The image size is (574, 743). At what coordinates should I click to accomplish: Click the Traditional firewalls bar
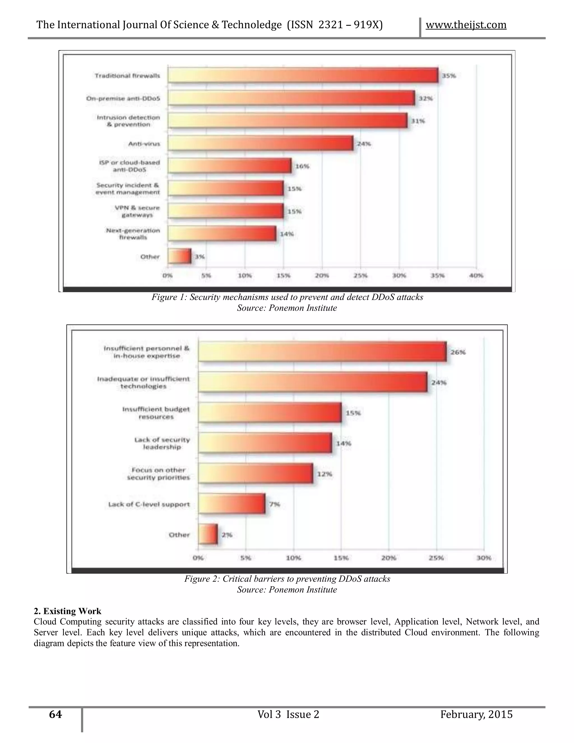(x=303, y=75)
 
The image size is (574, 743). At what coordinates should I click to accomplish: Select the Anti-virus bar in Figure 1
(x=260, y=143)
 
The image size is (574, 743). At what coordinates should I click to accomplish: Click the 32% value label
(x=425, y=98)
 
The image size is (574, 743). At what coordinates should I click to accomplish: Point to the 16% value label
(x=302, y=166)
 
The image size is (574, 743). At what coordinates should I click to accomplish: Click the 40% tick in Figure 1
(x=476, y=276)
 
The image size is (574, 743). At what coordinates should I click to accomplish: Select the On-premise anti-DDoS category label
(x=123, y=99)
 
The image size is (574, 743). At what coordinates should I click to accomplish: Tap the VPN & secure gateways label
(x=137, y=211)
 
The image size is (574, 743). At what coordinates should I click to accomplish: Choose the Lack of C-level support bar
(x=232, y=504)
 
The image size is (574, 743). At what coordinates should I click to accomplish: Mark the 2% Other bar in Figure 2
(x=208, y=534)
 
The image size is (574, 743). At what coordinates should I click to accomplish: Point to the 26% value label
(x=458, y=352)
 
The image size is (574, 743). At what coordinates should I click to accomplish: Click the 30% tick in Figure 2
(x=483, y=558)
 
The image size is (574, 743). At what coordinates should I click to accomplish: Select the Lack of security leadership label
(x=162, y=443)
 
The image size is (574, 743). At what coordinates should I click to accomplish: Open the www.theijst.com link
(x=466, y=25)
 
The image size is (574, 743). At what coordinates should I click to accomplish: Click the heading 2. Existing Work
(x=67, y=611)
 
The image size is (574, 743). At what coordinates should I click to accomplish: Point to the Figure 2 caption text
(x=287, y=579)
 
